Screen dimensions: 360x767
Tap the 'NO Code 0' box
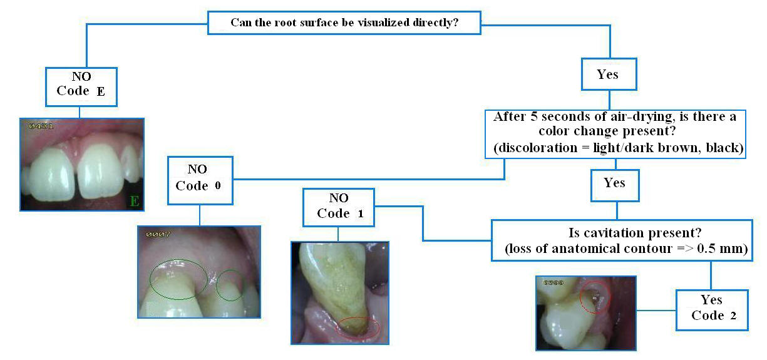click(x=200, y=179)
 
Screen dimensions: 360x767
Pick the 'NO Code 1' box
click(x=339, y=206)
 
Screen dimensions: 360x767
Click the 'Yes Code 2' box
click(x=712, y=309)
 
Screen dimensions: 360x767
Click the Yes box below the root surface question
click(x=608, y=75)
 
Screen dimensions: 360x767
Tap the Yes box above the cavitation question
click(x=615, y=183)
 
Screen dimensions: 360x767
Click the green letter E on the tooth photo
click(x=133, y=201)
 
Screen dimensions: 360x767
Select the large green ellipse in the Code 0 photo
click(x=178, y=279)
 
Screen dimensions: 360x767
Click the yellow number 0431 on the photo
click(x=42, y=126)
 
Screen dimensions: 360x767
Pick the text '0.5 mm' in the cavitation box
click(x=726, y=250)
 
